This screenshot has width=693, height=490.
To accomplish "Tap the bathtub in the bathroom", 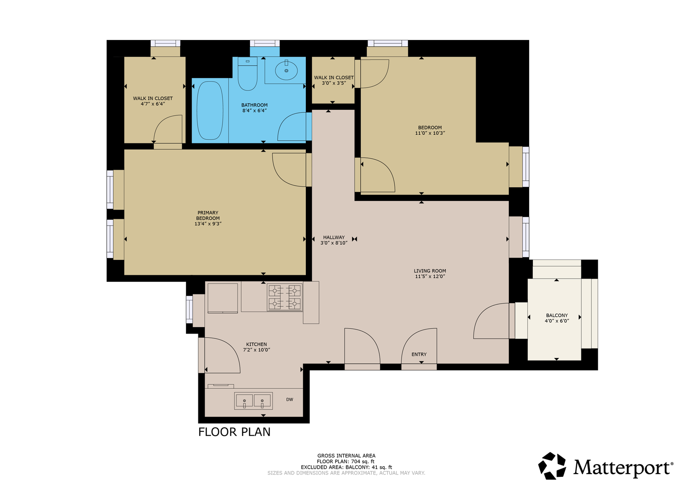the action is [210, 110].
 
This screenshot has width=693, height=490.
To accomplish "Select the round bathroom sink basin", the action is [286, 70].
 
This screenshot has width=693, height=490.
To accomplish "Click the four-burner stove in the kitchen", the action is [285, 298].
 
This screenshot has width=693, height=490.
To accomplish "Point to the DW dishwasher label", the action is [290, 400].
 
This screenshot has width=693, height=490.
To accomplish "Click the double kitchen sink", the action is [253, 401].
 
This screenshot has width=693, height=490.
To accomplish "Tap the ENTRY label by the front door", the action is [419, 354].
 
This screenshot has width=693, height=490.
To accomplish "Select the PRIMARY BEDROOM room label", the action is [208, 216].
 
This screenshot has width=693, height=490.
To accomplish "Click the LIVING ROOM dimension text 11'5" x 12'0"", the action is [430, 277].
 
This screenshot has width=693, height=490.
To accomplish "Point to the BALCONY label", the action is [557, 315].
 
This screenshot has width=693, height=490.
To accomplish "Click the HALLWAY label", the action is [334, 237].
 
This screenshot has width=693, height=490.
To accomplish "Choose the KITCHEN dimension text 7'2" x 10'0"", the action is [256, 350].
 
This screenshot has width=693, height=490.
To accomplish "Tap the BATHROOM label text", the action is [254, 105].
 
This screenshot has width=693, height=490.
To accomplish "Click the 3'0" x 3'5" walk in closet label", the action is [334, 83].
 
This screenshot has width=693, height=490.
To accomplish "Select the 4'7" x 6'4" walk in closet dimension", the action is [153, 104].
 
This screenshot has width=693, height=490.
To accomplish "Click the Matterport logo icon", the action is [552, 466].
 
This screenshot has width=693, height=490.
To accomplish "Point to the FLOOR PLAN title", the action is [234, 432].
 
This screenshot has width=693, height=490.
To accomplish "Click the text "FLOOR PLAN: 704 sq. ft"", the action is [345, 461].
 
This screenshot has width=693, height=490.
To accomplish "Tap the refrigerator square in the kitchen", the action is [223, 298].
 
